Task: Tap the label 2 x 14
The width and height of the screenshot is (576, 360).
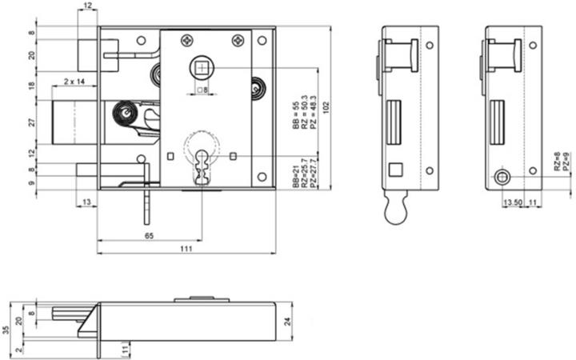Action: [75, 82]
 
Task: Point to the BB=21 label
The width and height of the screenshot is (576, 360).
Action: [295, 174]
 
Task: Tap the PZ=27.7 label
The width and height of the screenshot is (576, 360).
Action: [312, 174]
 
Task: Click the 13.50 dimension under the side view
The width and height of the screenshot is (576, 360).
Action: [513, 203]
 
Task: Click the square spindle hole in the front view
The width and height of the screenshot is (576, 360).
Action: [203, 66]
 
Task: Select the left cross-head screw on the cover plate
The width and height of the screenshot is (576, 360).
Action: [186, 38]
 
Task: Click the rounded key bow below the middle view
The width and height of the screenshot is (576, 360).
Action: [394, 212]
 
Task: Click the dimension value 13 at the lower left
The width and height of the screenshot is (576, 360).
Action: [87, 203]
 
